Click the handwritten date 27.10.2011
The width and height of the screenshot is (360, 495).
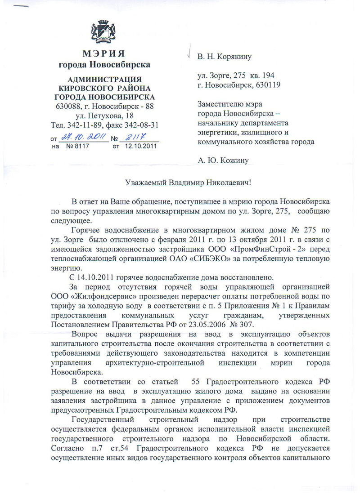point(78,138)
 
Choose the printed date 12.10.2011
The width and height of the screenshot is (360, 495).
point(141,146)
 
